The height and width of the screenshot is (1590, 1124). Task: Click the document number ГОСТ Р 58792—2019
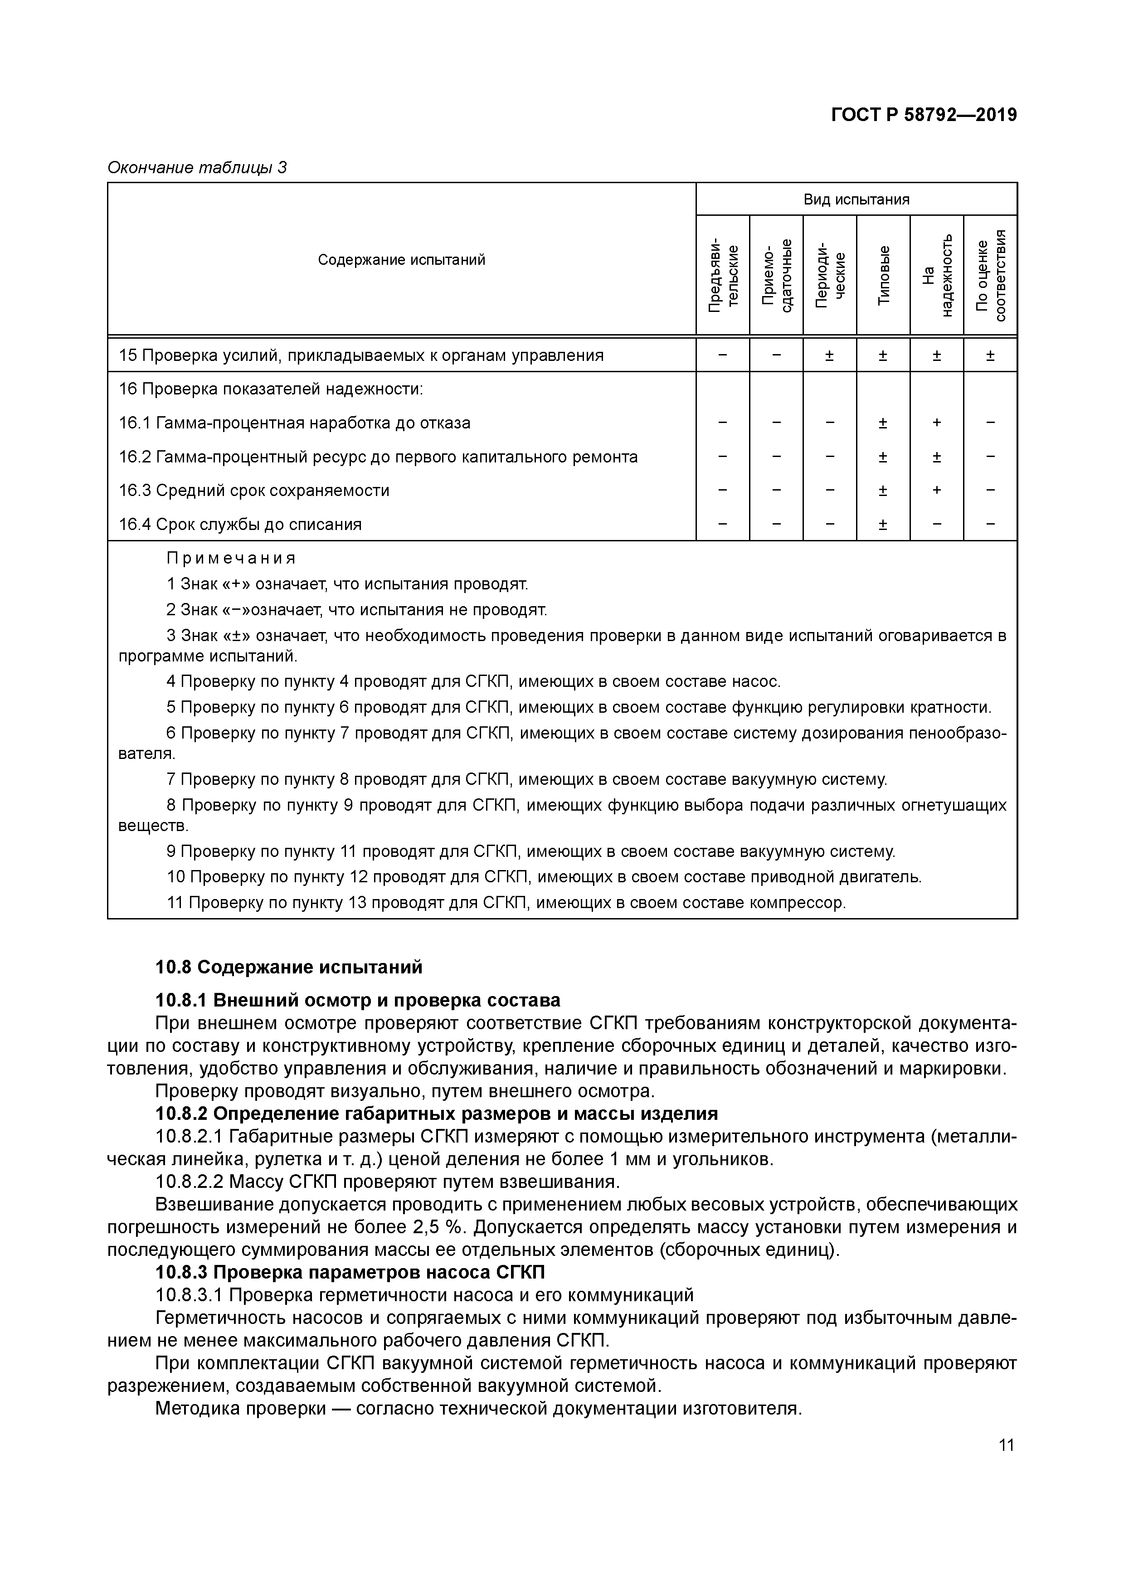(x=924, y=115)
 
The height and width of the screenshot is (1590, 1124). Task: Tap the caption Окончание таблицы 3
(x=197, y=168)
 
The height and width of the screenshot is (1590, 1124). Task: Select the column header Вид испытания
(x=856, y=199)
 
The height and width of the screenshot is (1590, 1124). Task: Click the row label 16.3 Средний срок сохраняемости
(x=253, y=490)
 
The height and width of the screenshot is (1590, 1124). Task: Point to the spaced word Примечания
(x=231, y=558)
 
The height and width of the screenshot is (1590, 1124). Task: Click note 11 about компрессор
(x=506, y=903)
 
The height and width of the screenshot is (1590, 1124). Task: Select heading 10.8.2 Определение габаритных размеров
(x=436, y=1113)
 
